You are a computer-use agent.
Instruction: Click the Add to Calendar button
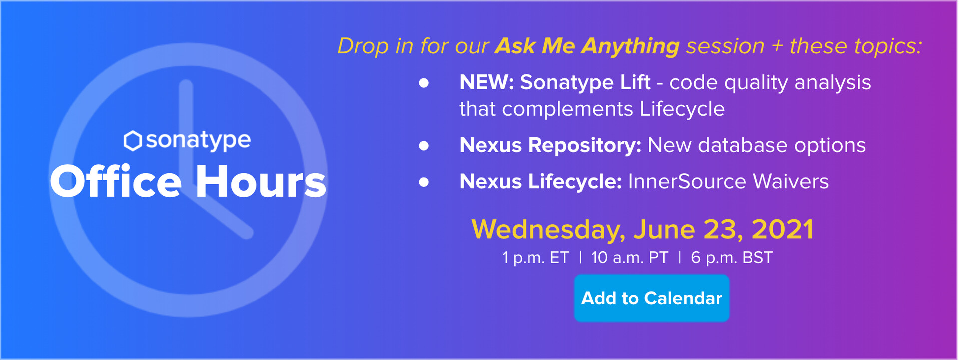(652, 298)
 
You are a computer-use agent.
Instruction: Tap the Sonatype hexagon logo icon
(133, 141)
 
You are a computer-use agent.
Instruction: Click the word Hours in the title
(261, 182)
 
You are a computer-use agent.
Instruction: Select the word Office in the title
(116, 182)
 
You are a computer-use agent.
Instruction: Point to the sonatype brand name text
(198, 141)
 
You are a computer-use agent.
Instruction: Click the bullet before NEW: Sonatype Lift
(424, 83)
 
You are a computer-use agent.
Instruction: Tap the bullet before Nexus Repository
(424, 146)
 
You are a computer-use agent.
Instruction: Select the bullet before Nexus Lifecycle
(424, 182)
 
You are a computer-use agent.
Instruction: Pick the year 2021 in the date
(783, 229)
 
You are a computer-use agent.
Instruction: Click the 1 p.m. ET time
(535, 258)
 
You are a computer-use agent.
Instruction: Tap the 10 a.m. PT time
(629, 258)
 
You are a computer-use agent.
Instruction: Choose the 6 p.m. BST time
(732, 258)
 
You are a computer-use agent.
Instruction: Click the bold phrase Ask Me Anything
(587, 46)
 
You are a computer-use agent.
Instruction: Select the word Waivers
(791, 182)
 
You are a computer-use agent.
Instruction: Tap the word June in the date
(664, 230)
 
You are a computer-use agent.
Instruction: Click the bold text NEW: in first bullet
(486, 82)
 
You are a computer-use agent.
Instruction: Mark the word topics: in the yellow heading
(888, 47)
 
